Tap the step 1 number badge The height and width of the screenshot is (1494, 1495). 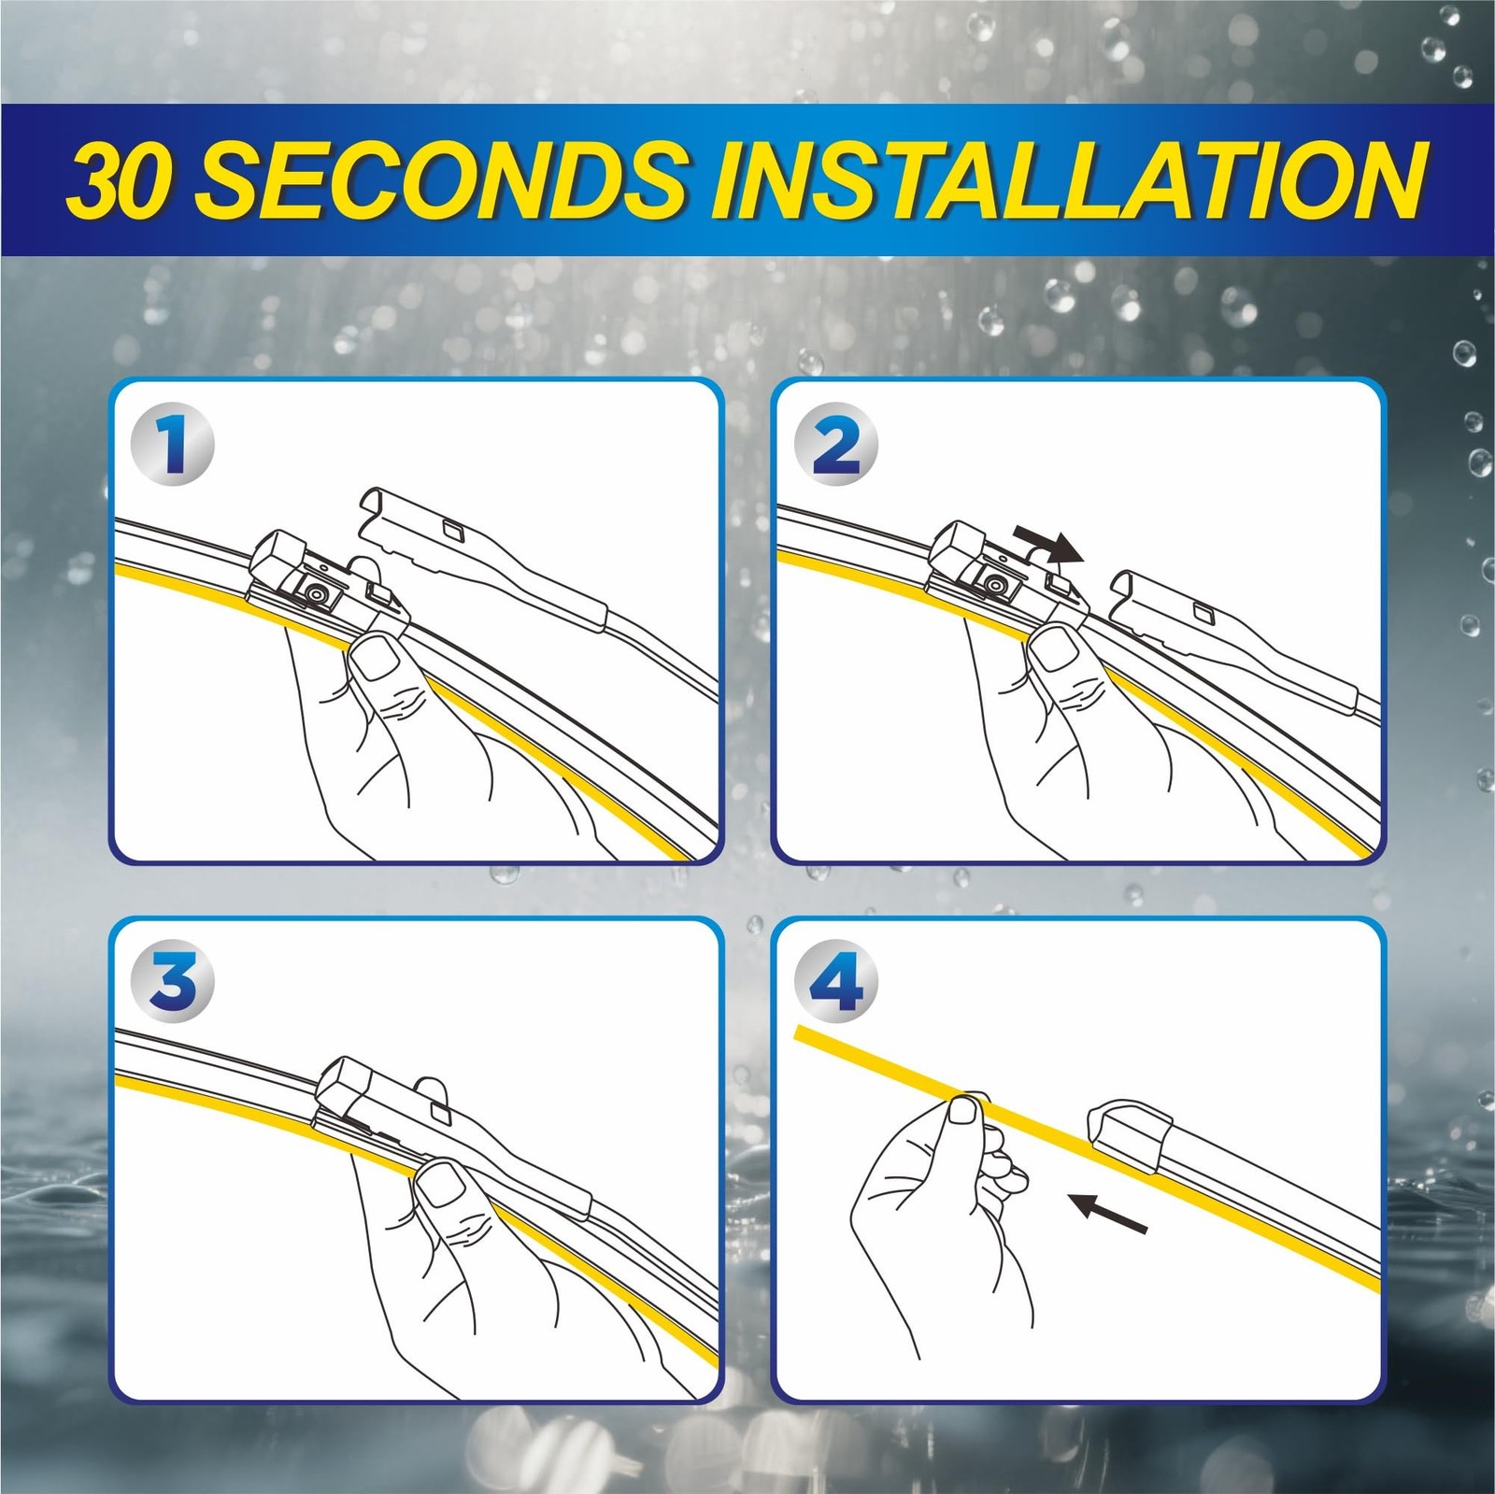pos(176,444)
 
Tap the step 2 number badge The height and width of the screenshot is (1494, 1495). pos(837,444)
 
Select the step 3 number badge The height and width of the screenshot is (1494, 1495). pos(176,983)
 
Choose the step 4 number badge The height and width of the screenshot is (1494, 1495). pos(837,983)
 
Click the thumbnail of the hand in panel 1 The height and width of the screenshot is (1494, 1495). pos(377,659)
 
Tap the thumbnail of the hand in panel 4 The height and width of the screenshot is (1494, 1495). pos(962,1113)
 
